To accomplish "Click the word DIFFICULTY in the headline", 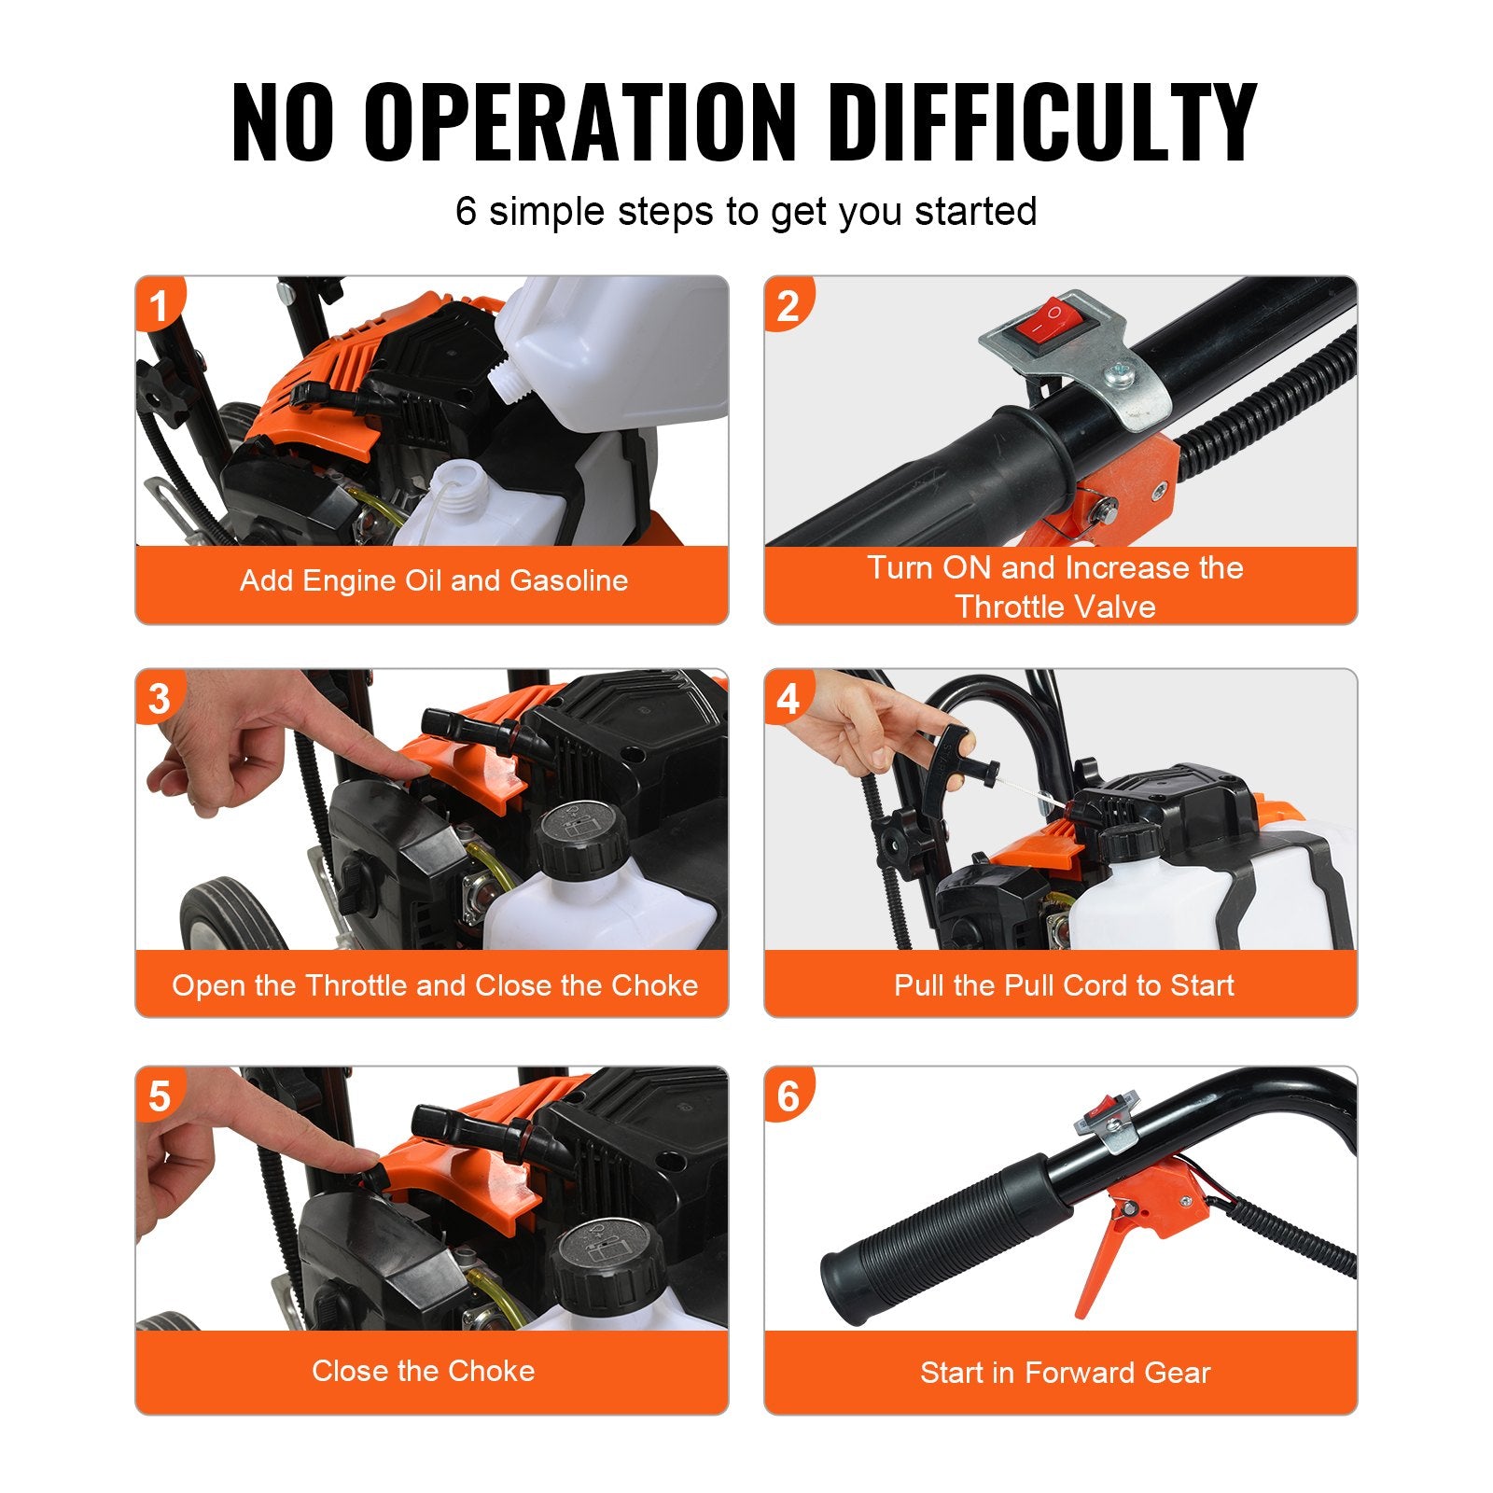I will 1042,123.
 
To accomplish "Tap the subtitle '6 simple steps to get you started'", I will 746,211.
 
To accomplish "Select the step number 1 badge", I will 160,305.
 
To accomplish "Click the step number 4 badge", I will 788,698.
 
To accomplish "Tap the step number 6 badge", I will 788,1096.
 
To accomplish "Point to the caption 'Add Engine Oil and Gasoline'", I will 433,580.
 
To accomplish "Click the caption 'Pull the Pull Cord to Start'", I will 1064,985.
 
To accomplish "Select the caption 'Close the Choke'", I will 424,1371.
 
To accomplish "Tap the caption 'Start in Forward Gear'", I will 1065,1373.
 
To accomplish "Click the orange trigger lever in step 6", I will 1106,1260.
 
